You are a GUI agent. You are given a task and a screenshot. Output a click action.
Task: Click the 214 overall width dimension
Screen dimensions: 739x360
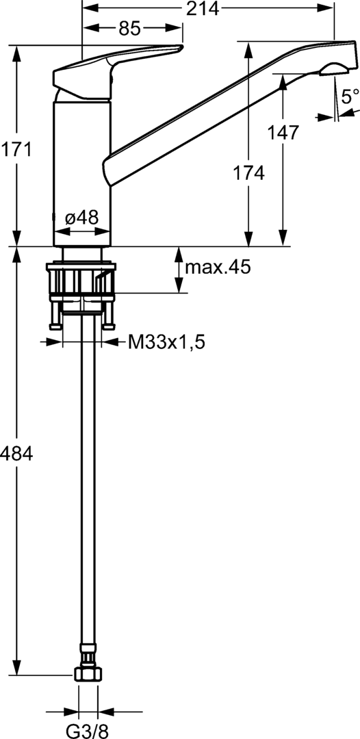click(x=205, y=8)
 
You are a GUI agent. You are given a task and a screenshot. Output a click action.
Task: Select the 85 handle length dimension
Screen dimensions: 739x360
click(x=130, y=29)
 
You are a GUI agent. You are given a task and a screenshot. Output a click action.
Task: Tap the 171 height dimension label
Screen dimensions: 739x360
click(x=15, y=149)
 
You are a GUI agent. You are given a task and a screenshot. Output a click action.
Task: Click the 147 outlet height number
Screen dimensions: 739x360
click(x=284, y=132)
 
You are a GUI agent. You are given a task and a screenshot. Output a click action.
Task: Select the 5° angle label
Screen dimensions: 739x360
click(x=350, y=96)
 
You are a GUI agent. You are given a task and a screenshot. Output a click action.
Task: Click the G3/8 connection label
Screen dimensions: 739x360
click(x=87, y=730)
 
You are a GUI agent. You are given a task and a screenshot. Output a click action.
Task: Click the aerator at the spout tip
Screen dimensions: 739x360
click(x=333, y=68)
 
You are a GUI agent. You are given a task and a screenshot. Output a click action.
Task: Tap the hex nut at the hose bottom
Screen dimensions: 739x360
click(x=87, y=675)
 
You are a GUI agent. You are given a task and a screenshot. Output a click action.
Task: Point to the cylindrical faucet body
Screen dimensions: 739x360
click(x=81, y=171)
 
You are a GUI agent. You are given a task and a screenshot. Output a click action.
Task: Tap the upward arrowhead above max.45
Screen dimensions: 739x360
click(x=177, y=252)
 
